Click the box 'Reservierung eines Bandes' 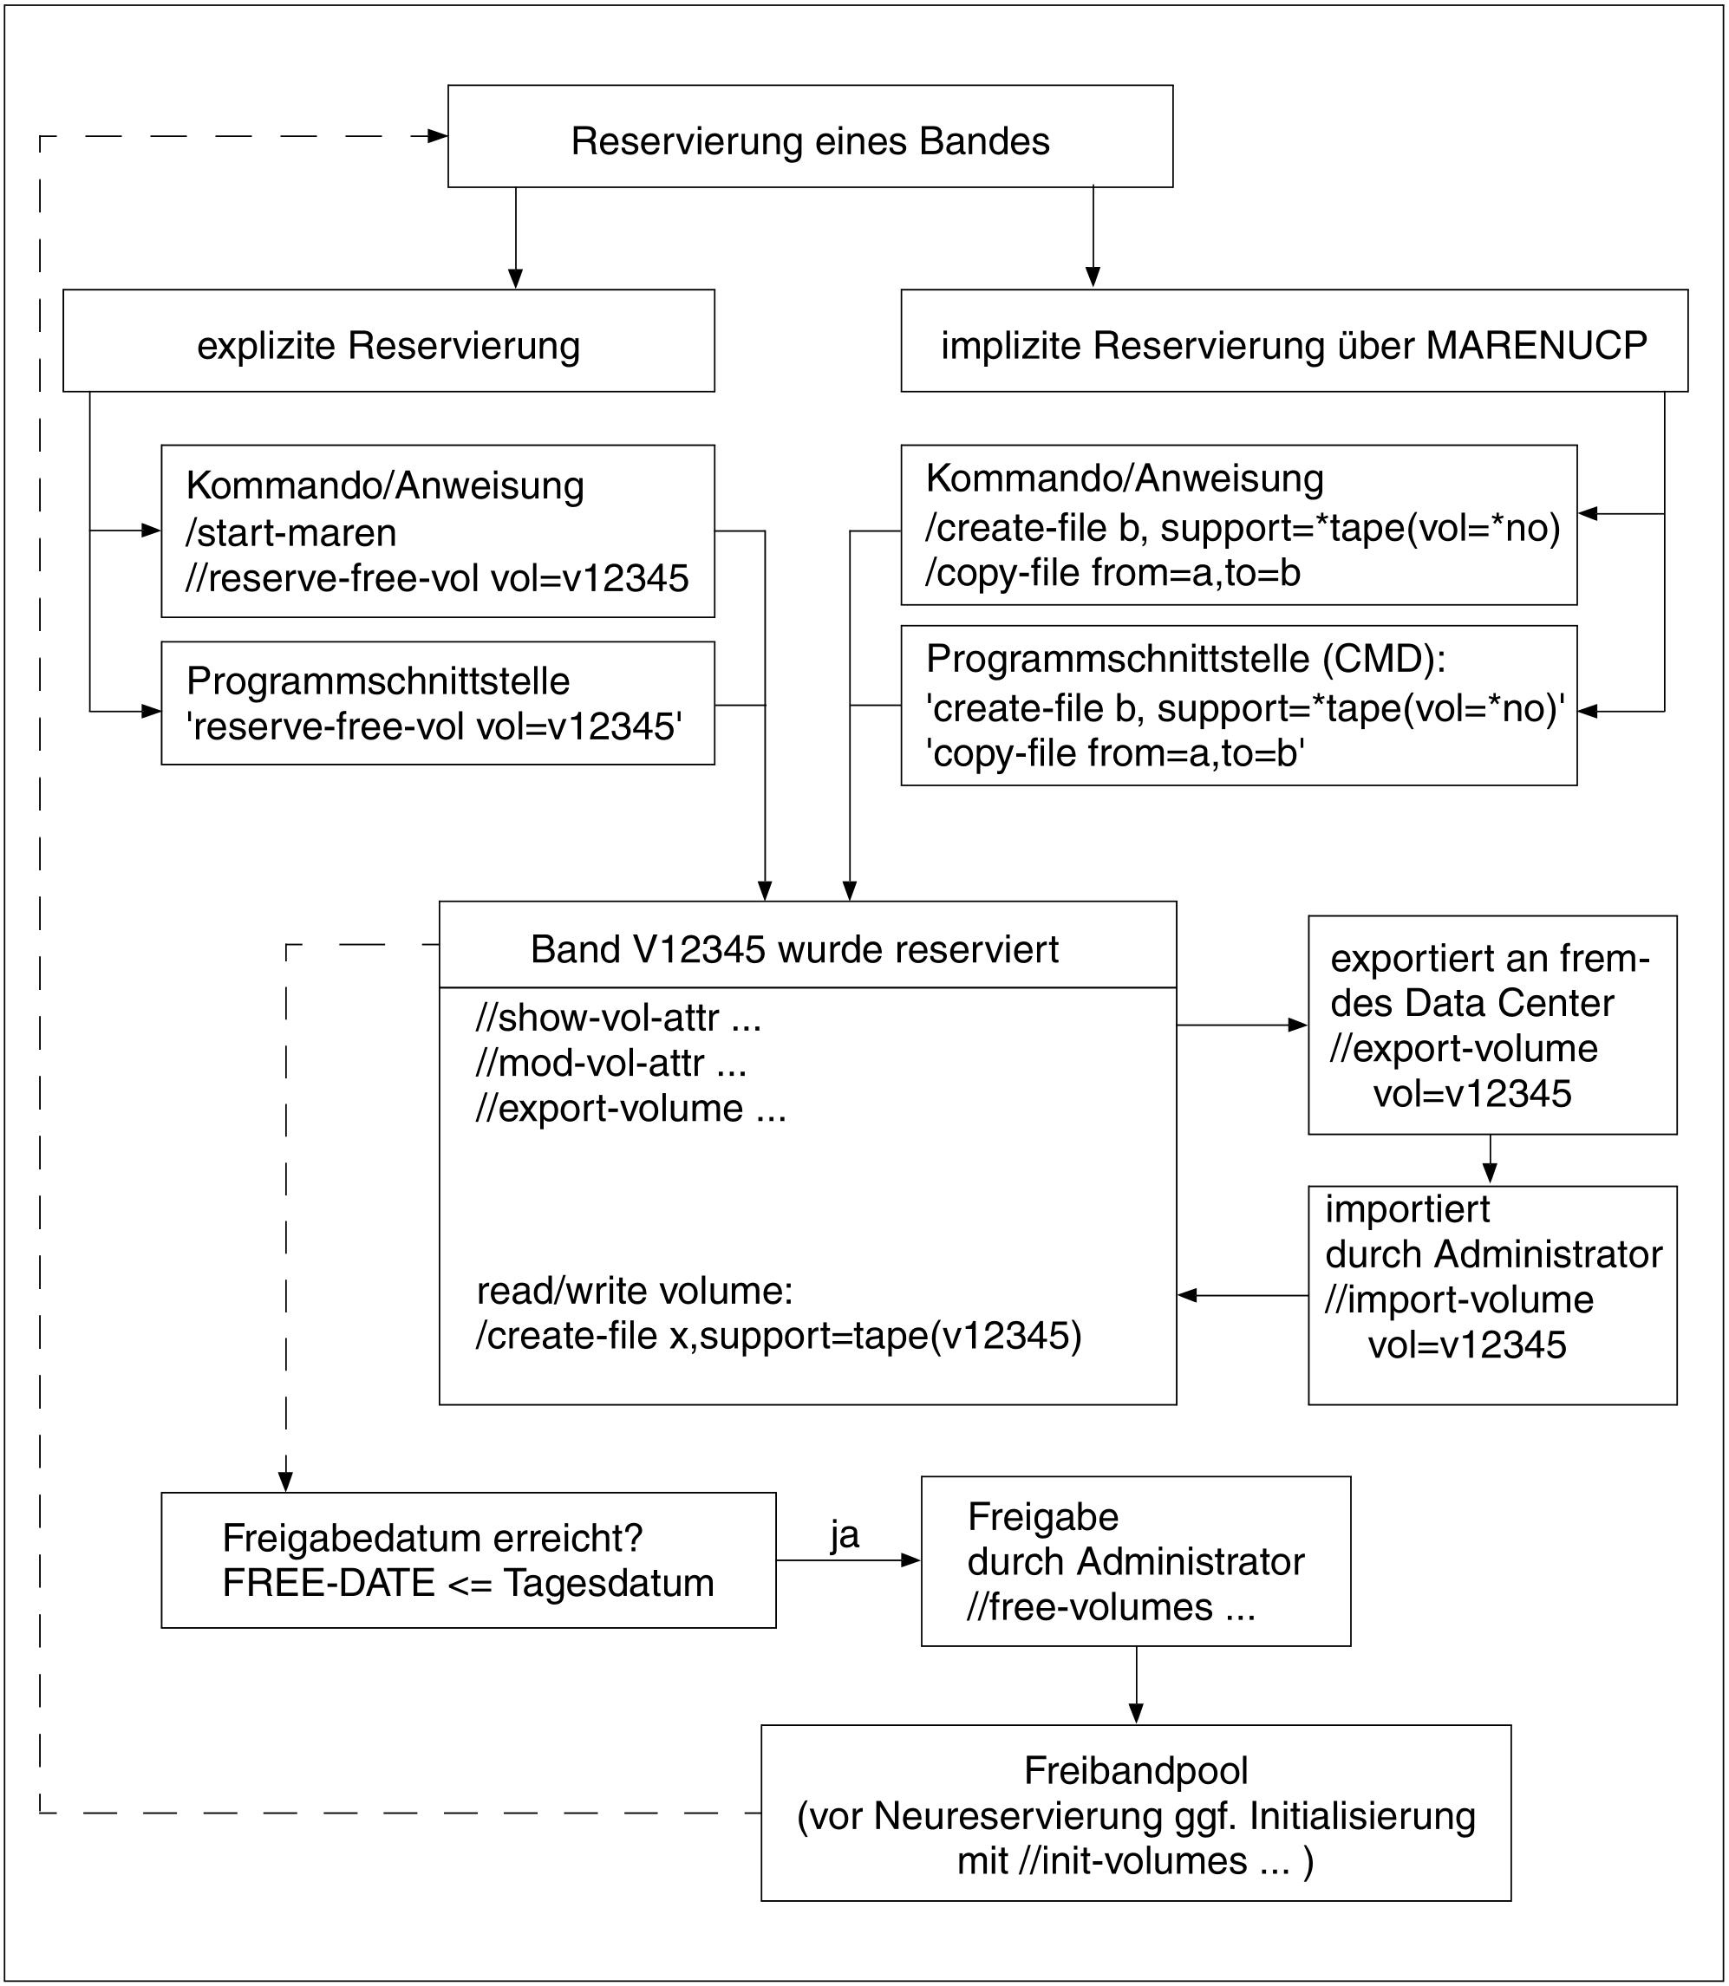[811, 136]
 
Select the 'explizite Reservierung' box [388, 341]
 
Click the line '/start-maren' [291, 532]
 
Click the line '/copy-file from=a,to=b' [1112, 573]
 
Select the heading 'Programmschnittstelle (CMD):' [1186, 659]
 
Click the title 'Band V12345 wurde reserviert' [794, 949]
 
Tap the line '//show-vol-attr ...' [618, 1018]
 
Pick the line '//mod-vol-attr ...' [610, 1063]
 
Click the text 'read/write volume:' [635, 1291]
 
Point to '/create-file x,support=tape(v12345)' [779, 1336]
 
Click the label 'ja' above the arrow [845, 1534]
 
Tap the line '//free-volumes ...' [1111, 1607]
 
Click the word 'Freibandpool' [1136, 1771]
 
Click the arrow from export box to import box [1490, 1158]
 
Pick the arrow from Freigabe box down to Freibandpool [1136, 1684]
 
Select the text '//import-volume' [1458, 1299]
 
